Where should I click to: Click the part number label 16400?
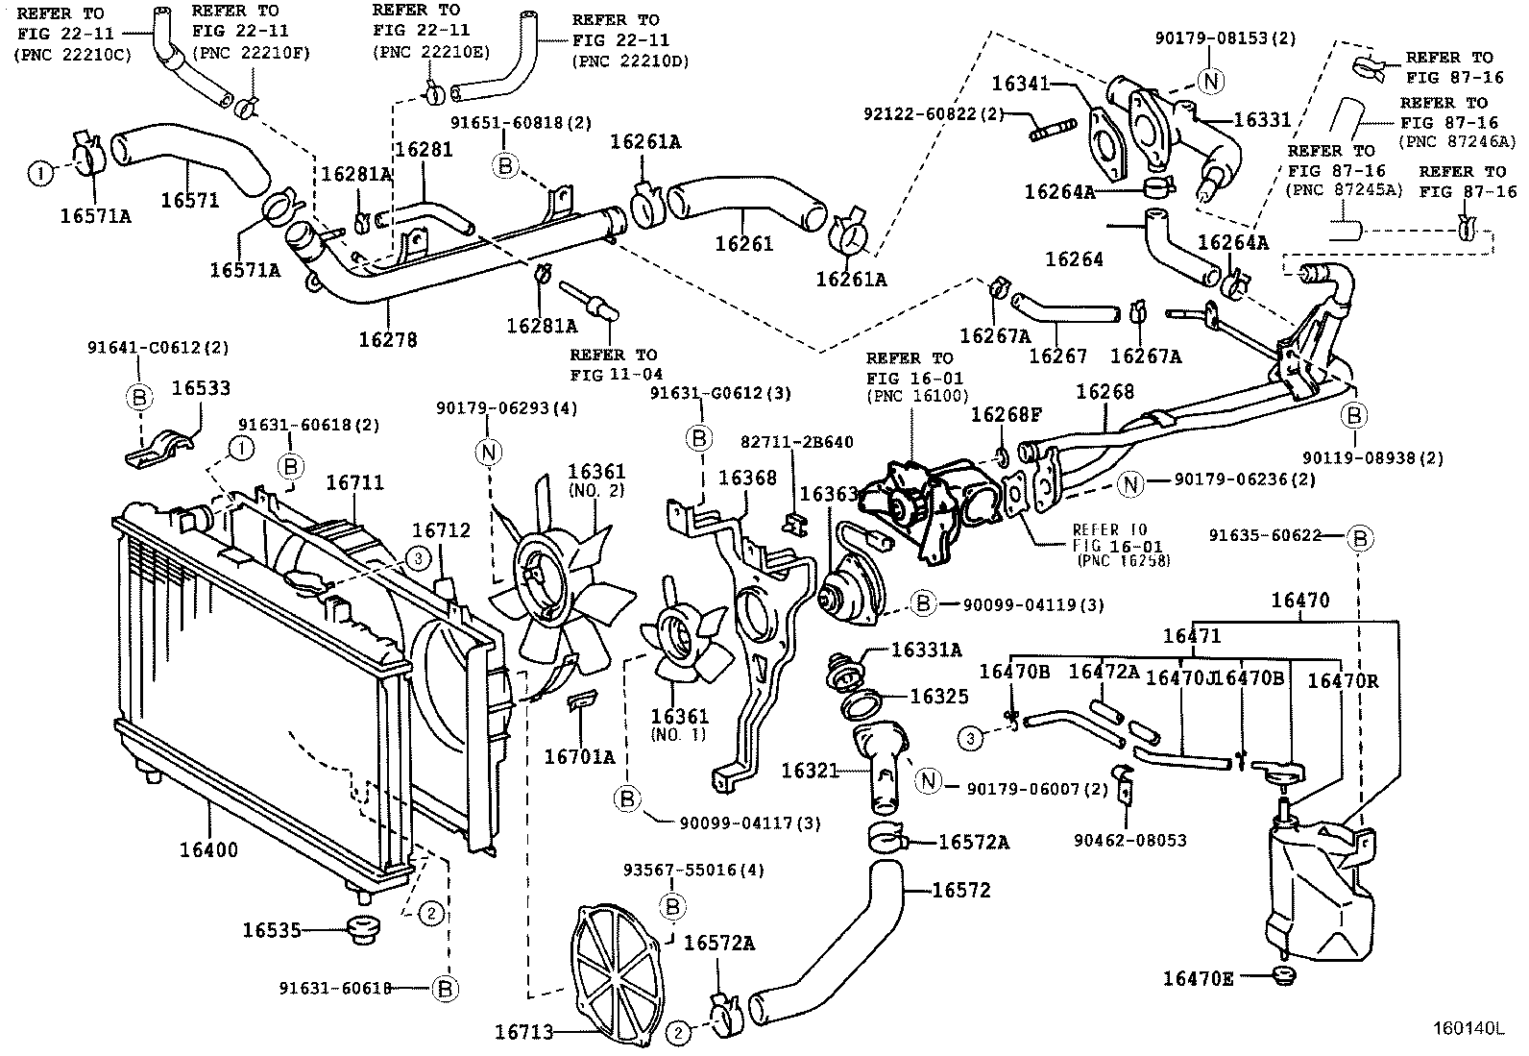click(208, 850)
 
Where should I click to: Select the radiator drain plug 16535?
click(363, 930)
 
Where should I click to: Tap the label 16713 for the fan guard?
click(524, 1032)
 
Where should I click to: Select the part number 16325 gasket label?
click(939, 697)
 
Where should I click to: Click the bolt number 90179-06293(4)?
click(527, 407)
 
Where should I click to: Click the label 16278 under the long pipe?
click(388, 339)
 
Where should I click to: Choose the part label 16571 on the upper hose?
click(190, 200)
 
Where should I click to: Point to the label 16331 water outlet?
click(1262, 120)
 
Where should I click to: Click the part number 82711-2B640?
click(796, 442)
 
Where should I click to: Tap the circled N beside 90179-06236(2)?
click(1131, 484)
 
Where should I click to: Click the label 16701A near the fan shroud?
click(579, 756)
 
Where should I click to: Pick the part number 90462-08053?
click(1129, 840)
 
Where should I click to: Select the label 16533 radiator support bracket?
click(201, 388)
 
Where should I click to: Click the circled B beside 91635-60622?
click(1359, 539)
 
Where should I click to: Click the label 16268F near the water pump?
click(1006, 414)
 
